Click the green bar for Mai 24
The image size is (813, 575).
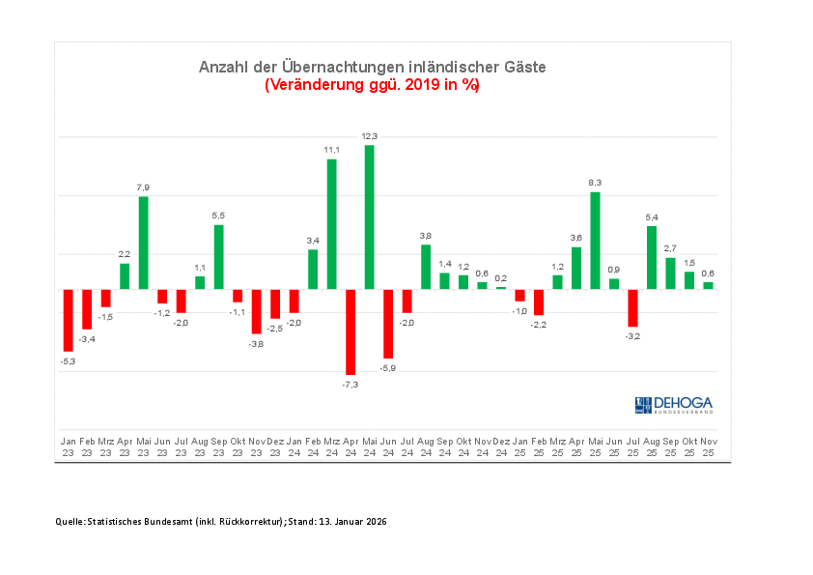369,216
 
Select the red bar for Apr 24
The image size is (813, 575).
350,331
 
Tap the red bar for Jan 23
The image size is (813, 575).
68,320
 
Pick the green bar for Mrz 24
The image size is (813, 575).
331,223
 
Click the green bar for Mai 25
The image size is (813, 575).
595,240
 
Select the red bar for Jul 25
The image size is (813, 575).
632,307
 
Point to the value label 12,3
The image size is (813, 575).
369,136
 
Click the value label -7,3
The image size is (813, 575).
350,385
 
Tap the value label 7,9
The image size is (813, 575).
143,187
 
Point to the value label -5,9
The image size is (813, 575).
388,368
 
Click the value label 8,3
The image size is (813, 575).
595,183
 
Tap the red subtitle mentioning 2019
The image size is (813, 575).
372,85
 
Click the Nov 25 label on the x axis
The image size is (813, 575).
708,446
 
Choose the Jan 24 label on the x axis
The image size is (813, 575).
294,446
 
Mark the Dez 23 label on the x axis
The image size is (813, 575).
275,446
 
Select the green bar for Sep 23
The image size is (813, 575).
218,256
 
